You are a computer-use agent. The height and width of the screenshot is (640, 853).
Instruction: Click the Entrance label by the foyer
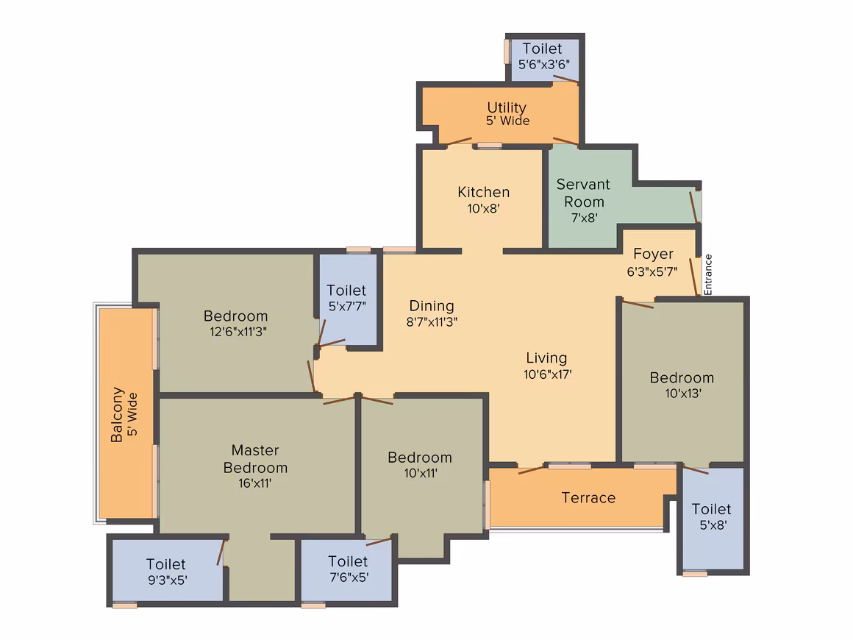click(x=707, y=275)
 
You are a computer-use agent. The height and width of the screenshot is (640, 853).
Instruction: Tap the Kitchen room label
click(x=484, y=192)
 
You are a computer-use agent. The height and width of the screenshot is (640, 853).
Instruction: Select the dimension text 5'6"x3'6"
click(x=544, y=64)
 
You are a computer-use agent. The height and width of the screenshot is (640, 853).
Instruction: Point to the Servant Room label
click(x=583, y=193)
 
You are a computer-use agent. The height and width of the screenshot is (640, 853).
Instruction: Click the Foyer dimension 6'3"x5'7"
click(x=652, y=271)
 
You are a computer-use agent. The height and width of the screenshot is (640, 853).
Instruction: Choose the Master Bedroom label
click(x=255, y=459)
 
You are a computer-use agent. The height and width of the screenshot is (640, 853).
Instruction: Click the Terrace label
click(x=588, y=498)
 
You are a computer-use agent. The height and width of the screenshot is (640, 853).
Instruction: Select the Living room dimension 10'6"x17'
click(x=548, y=374)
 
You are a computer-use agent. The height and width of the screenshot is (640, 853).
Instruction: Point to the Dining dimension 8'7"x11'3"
click(x=432, y=321)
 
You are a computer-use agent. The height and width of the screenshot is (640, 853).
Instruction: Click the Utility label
click(x=507, y=107)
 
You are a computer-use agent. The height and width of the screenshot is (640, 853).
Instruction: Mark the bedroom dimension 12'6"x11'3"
click(x=238, y=332)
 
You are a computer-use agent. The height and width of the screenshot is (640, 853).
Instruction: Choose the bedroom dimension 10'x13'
click(x=683, y=393)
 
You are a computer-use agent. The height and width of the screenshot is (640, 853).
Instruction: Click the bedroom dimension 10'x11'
click(x=421, y=473)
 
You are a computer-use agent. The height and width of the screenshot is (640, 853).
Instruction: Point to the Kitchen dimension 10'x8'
click(x=484, y=208)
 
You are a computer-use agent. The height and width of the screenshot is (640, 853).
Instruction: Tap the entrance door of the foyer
click(x=693, y=277)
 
